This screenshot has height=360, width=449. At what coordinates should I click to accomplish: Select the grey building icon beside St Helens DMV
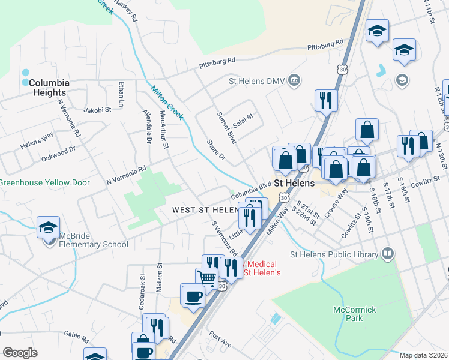pyautogui.click(x=294, y=80)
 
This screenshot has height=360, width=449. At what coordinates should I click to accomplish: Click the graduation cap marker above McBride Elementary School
pyautogui.click(x=48, y=228)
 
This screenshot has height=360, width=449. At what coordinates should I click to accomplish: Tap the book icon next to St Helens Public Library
pyautogui.click(x=387, y=254)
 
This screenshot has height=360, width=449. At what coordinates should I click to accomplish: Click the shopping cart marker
pyautogui.click(x=207, y=278)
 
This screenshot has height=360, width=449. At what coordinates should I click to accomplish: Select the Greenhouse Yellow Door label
pyautogui.click(x=44, y=182)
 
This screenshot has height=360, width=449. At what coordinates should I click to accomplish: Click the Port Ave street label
pyautogui.click(x=220, y=339)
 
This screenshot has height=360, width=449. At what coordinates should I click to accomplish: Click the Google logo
pyautogui.click(x=20, y=353)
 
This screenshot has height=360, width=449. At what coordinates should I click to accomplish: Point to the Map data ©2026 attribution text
pyautogui.click(x=423, y=355)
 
